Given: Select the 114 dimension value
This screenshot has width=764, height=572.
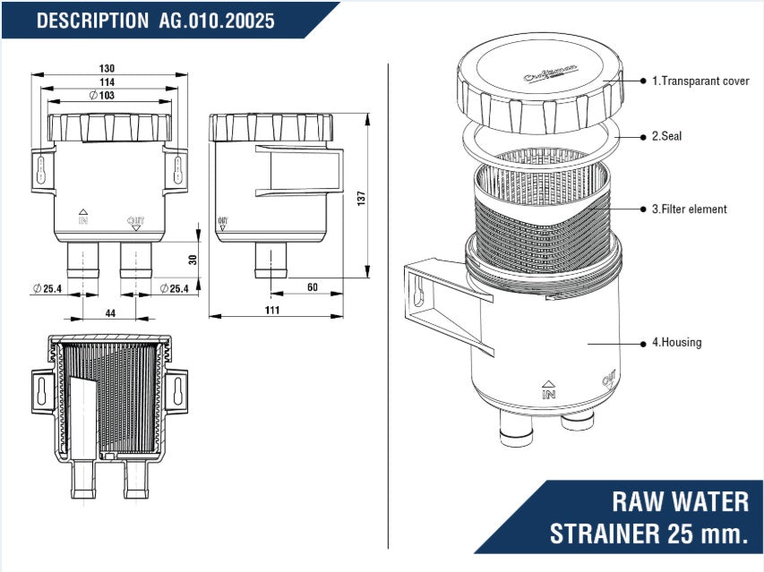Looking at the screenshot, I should click(107, 82).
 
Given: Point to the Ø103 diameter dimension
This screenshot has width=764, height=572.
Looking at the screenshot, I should click(103, 96).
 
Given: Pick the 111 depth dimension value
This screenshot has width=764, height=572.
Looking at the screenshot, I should click(273, 310).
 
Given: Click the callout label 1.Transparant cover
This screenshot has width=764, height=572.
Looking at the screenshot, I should click(700, 81).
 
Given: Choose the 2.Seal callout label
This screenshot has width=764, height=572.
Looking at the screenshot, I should click(667, 137).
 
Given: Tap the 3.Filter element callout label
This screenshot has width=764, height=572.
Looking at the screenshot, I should click(689, 209).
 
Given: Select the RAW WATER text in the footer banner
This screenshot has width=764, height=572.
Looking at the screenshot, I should click(681, 500).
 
